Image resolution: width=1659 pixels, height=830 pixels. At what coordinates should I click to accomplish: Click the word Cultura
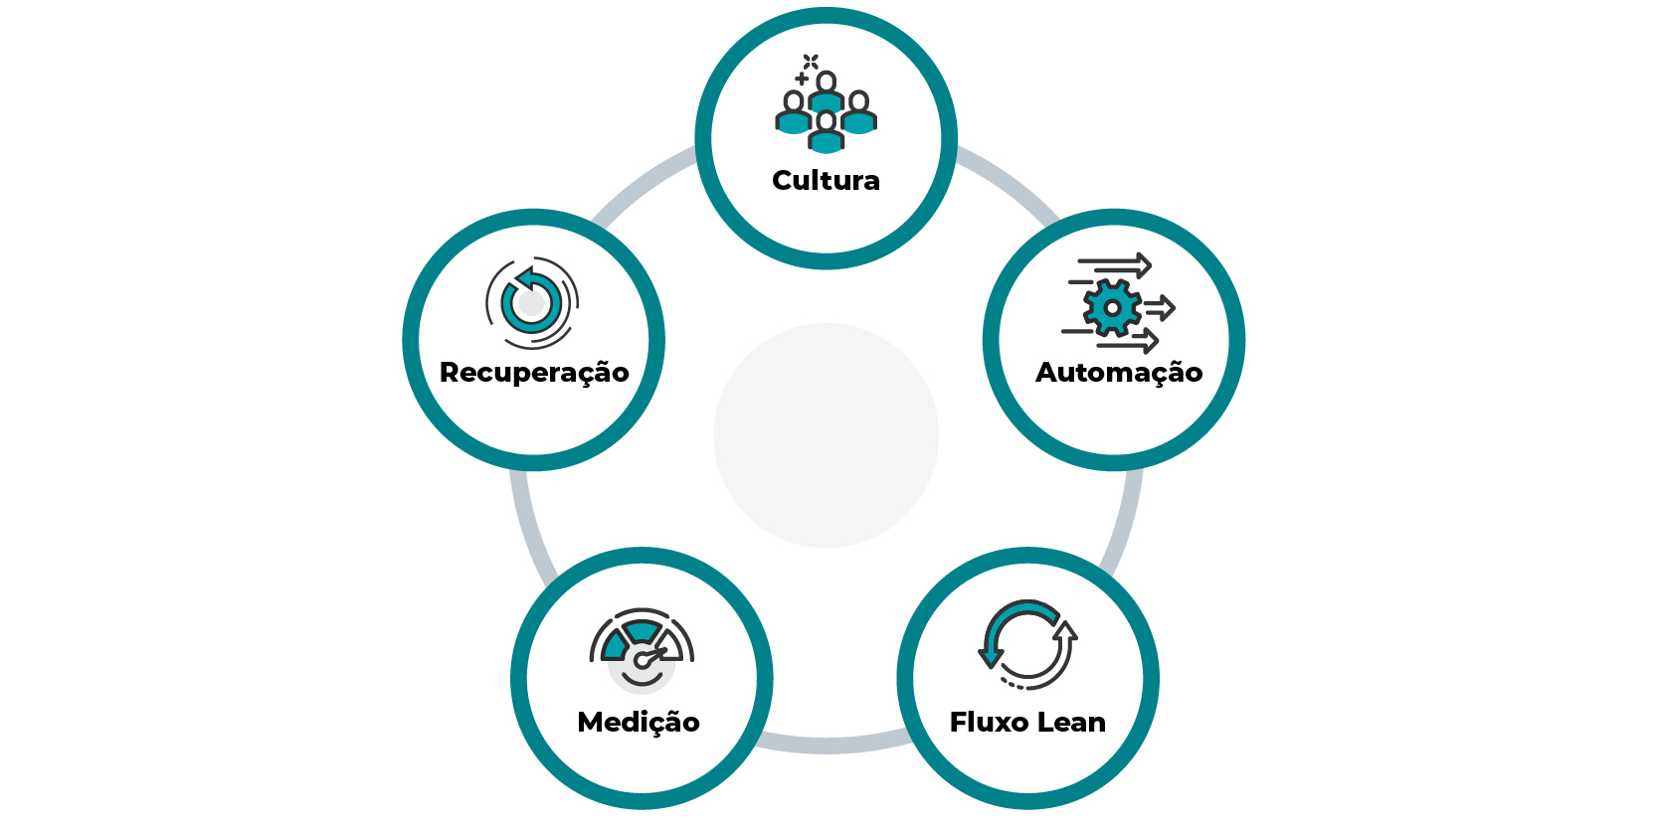coord(826,180)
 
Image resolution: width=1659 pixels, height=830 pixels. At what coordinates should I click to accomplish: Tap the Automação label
coord(1119,372)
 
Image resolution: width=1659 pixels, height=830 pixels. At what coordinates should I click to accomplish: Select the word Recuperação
coord(534,373)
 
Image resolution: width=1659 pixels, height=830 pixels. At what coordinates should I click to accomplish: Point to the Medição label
coord(639,723)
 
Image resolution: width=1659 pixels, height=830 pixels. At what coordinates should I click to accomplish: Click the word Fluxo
coord(990,722)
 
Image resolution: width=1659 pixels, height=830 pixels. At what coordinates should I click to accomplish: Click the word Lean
coord(1073,722)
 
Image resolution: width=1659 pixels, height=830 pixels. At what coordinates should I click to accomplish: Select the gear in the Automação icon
coord(1112,307)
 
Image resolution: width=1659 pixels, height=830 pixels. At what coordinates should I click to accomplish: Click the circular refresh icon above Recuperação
coord(532,302)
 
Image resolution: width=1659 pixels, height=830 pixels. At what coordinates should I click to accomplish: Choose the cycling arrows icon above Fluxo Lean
coord(1027,645)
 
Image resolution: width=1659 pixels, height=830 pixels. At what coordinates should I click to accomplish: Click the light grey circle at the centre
coord(826,435)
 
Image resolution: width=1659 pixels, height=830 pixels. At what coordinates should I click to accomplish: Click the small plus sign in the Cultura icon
coord(802,79)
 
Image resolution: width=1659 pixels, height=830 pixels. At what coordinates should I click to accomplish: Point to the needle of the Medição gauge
coord(652,656)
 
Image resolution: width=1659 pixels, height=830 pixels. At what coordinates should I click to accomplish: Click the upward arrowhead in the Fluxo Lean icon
coord(1065,630)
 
